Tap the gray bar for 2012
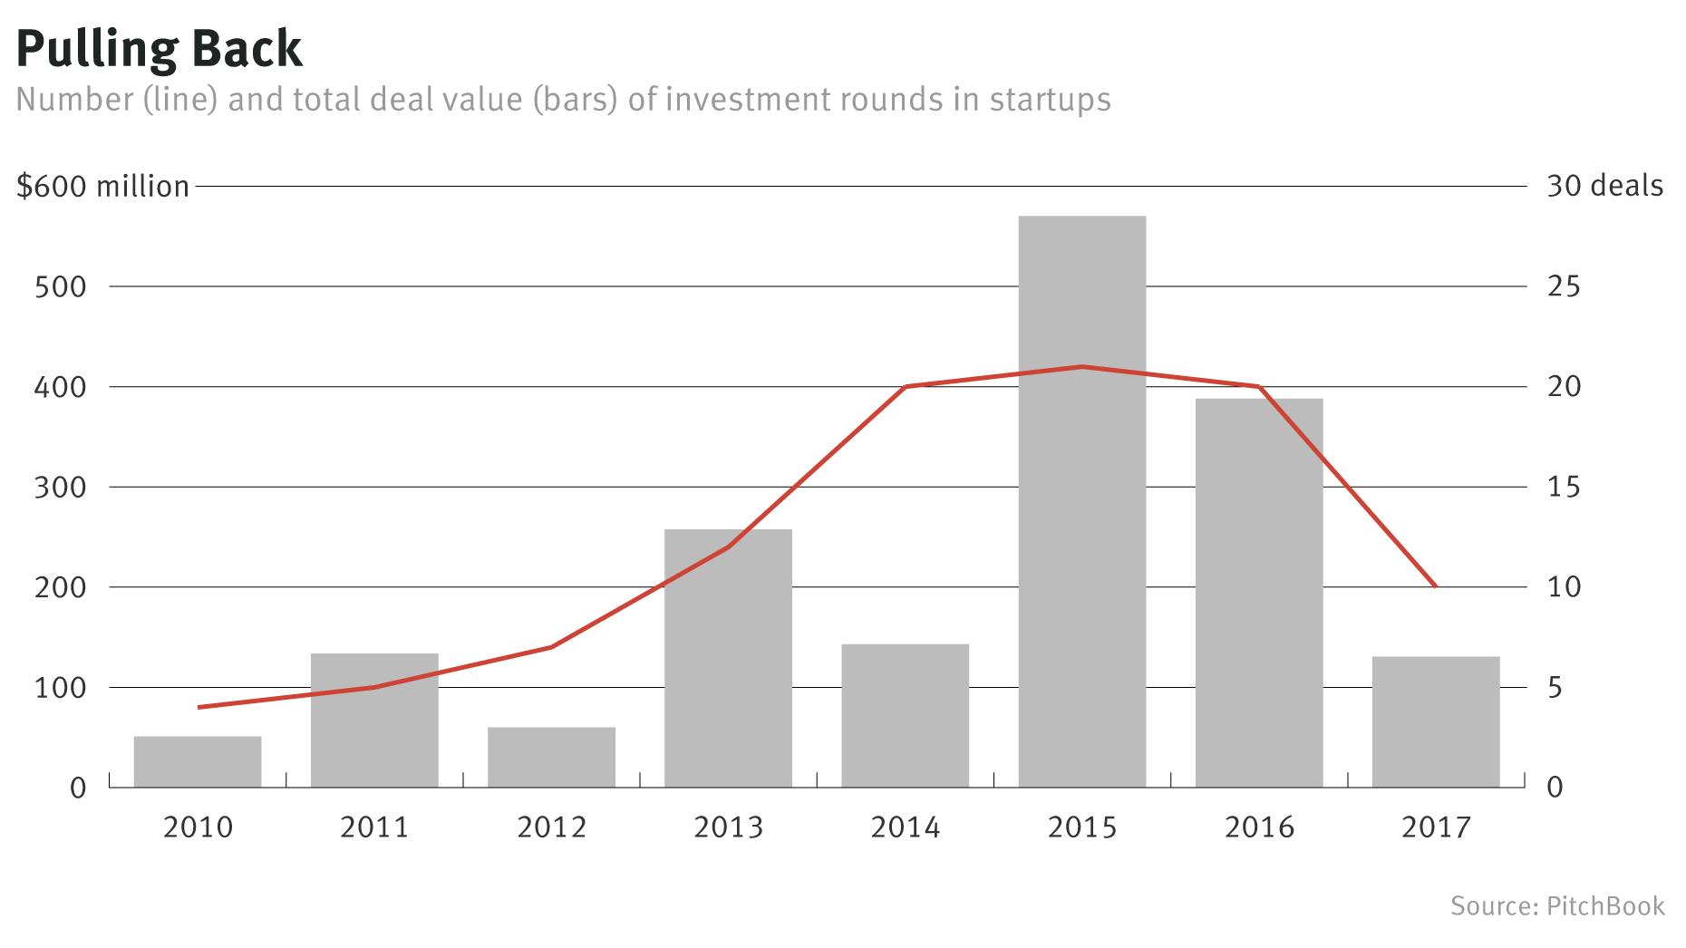551,757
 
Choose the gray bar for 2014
905,715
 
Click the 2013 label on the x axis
728,827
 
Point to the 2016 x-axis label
1259,827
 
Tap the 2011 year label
374,827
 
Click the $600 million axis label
103,187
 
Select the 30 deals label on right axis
1604,187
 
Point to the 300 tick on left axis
60,488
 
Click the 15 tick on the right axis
1563,488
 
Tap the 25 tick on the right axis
1563,287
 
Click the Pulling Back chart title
160,49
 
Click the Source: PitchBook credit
1557,906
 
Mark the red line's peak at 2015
1081,367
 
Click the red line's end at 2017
1436,586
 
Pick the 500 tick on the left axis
60,287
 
